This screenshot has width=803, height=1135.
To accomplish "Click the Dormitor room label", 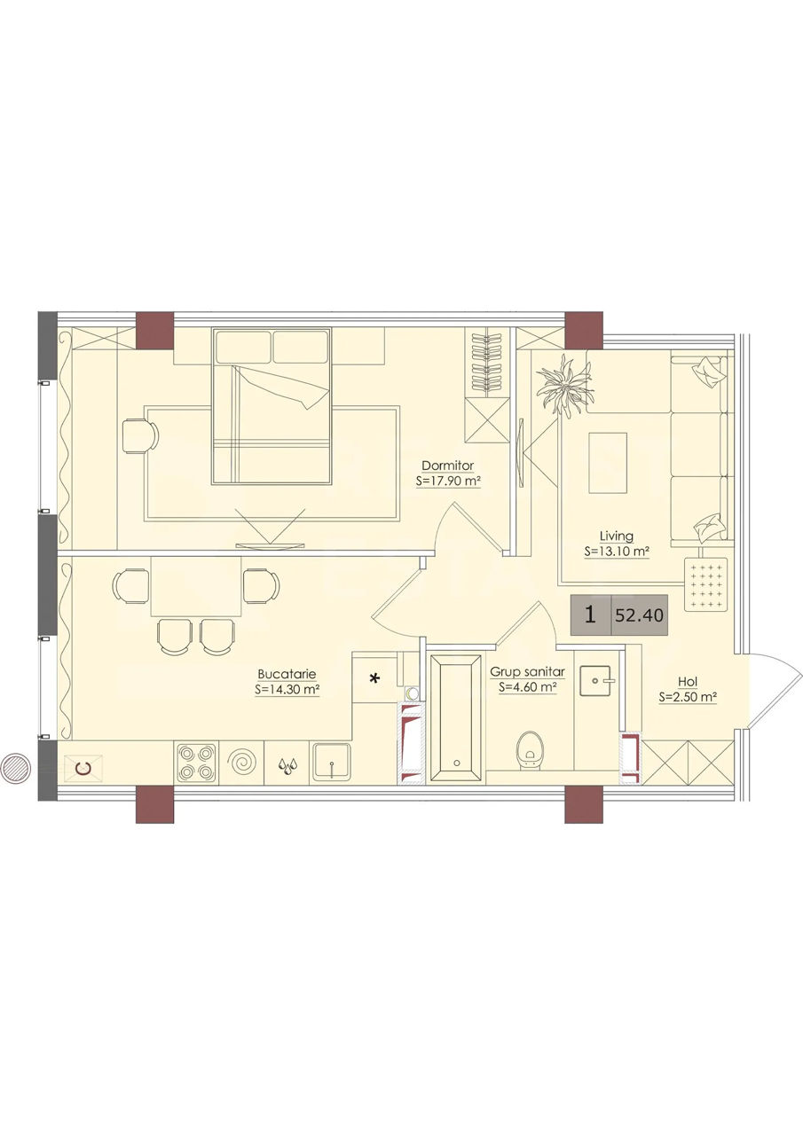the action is (447, 466).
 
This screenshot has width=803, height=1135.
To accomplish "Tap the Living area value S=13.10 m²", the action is (617, 552).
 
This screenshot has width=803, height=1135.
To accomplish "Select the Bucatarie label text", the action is (287, 674).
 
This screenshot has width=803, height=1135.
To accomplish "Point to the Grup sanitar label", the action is (527, 672).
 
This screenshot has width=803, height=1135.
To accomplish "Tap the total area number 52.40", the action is (639, 615).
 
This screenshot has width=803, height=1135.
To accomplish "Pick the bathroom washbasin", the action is (598, 682).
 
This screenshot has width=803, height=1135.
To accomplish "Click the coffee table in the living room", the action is (607, 463).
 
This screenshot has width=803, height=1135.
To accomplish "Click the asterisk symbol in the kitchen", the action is (375, 678).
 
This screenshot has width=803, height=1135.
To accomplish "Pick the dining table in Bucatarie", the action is (196, 587).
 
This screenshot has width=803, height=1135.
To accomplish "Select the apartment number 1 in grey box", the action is (589, 615).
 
